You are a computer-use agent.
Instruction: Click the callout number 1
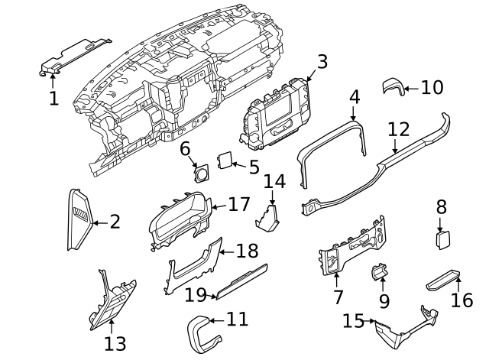(x=53, y=99)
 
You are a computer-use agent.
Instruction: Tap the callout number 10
(x=432, y=88)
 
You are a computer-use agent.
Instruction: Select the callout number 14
(x=274, y=181)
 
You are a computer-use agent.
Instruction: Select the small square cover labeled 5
(x=225, y=161)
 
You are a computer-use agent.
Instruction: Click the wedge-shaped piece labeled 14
(x=269, y=217)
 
